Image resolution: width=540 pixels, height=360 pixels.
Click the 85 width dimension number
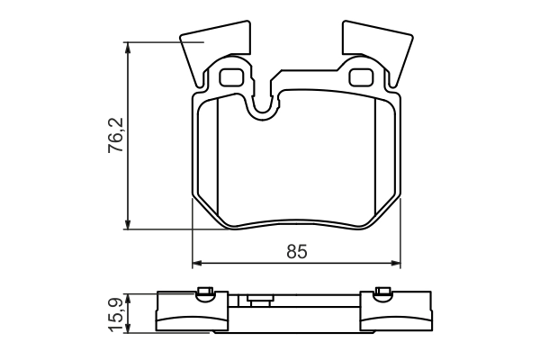tap(297, 252)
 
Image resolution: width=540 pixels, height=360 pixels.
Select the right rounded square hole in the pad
tap(364, 76)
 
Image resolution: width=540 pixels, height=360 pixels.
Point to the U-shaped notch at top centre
tap(263, 103)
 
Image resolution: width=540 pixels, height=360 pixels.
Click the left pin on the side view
tap(204, 291)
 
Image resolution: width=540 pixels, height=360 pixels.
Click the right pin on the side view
tap(382, 291)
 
